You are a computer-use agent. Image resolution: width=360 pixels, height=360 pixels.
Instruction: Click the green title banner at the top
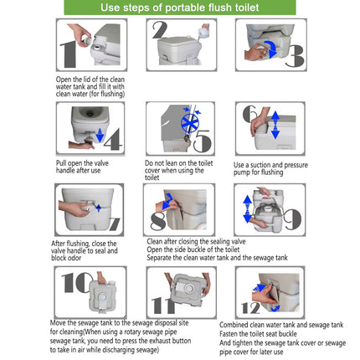pos(179,8)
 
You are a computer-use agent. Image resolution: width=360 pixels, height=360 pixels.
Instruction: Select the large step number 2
pos(159,31)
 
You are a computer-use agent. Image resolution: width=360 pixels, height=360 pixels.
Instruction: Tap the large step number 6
pos(249,115)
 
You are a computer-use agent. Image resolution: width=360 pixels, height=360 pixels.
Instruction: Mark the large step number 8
pos(158,220)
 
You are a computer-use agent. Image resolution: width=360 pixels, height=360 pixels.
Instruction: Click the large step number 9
pos(291,219)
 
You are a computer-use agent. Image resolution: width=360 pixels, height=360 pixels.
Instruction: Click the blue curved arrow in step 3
pos(269,47)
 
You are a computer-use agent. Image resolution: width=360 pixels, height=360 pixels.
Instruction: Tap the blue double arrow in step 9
pos(248,209)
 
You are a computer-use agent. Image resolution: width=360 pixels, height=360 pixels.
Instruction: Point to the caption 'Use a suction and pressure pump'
pos(270,167)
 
